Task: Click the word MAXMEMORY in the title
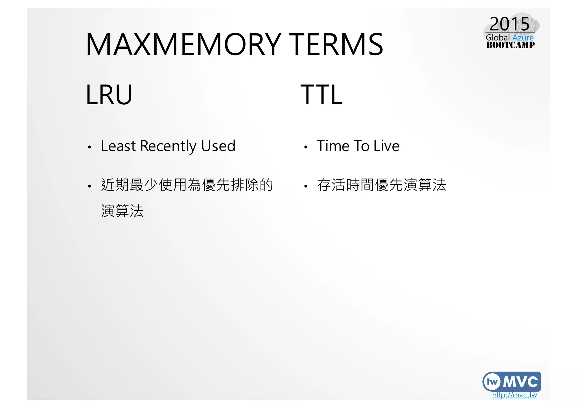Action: point(183,45)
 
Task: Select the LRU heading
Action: point(109,95)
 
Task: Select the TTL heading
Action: point(321,95)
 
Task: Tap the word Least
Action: point(118,146)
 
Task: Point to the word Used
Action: point(218,146)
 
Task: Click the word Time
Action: point(333,146)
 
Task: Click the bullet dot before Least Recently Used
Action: point(89,147)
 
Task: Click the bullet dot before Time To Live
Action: point(305,147)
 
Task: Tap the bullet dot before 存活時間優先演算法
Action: point(305,186)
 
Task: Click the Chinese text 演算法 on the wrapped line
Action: point(122,211)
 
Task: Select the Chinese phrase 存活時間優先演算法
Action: point(381,185)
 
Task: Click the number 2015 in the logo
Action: point(509,24)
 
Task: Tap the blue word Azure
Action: point(523,38)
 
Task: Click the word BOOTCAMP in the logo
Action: point(510,45)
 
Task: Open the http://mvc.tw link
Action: point(514,395)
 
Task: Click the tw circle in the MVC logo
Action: point(492,382)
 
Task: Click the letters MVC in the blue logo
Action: point(520,382)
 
